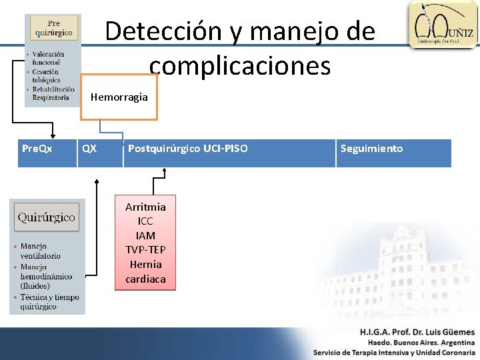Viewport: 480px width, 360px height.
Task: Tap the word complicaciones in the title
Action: [x=240, y=65]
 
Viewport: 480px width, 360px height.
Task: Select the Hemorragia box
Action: [x=119, y=97]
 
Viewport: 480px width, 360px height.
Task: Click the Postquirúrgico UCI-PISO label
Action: [x=187, y=149]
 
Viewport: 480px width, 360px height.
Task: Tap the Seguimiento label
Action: [x=371, y=149]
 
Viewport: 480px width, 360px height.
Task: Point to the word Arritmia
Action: [x=145, y=207]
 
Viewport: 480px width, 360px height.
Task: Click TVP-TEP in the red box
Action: [x=145, y=250]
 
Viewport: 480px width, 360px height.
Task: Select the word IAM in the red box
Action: [x=145, y=235]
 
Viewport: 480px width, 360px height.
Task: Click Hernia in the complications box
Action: [x=145, y=264]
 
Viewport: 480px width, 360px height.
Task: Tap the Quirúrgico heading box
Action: [x=46, y=217]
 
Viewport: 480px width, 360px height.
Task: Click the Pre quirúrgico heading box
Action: [x=53, y=29]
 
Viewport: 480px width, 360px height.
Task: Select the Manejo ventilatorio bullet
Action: [x=40, y=251]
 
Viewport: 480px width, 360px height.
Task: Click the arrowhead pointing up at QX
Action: [x=97, y=180]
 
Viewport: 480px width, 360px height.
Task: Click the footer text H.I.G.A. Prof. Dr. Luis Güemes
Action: [x=417, y=332]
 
